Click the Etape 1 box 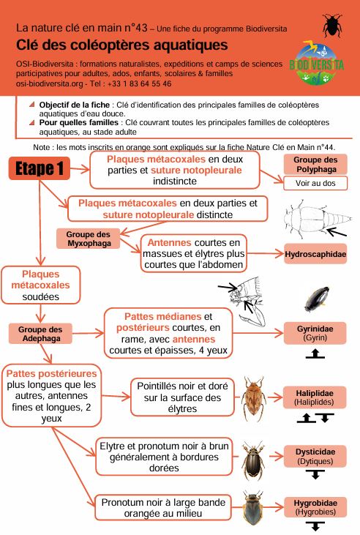click(40, 168)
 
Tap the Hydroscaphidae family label click(315, 254)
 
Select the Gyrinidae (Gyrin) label click(315, 333)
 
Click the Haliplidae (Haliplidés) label click(314, 397)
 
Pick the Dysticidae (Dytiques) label click(315, 457)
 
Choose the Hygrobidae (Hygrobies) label click(315, 507)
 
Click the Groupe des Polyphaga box click(315, 165)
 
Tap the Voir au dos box click(315, 183)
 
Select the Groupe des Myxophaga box click(89, 239)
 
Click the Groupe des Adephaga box click(40, 334)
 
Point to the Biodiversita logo click(316, 63)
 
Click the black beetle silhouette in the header click(332, 25)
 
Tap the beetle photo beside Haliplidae click(254, 398)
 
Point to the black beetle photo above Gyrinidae click(317, 299)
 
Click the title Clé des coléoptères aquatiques click(121, 45)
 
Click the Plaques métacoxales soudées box click(40, 285)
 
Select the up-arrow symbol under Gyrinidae click(315, 353)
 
